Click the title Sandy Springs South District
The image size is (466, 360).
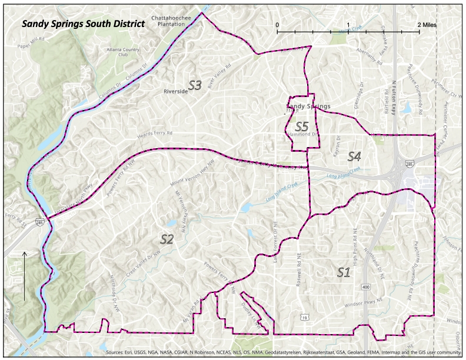pos(83,25)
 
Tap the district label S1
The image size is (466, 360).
pos(344,271)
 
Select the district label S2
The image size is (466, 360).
pos(167,239)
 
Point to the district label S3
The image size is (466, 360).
pos(195,86)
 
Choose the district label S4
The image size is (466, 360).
pos(354,156)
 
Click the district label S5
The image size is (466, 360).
pos(302,126)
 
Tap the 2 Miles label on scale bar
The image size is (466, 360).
pos(427,25)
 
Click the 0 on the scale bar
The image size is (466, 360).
pos(277,25)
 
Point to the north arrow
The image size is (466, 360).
pos(24,276)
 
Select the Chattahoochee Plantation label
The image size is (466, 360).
pos(171,21)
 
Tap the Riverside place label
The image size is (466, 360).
pos(175,92)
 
